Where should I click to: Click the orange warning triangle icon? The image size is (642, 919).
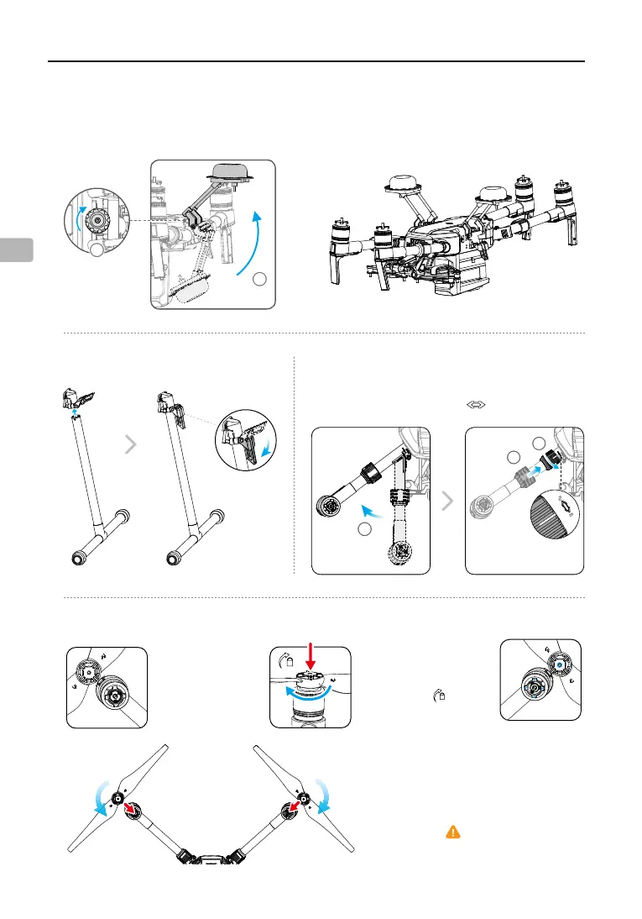tap(452, 832)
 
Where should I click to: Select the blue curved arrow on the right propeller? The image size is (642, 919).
tap(323, 795)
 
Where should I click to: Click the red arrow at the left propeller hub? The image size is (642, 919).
tap(130, 810)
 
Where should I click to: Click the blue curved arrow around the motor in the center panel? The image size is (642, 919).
tap(310, 692)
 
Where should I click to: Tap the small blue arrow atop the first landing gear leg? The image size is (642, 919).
tap(74, 412)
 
